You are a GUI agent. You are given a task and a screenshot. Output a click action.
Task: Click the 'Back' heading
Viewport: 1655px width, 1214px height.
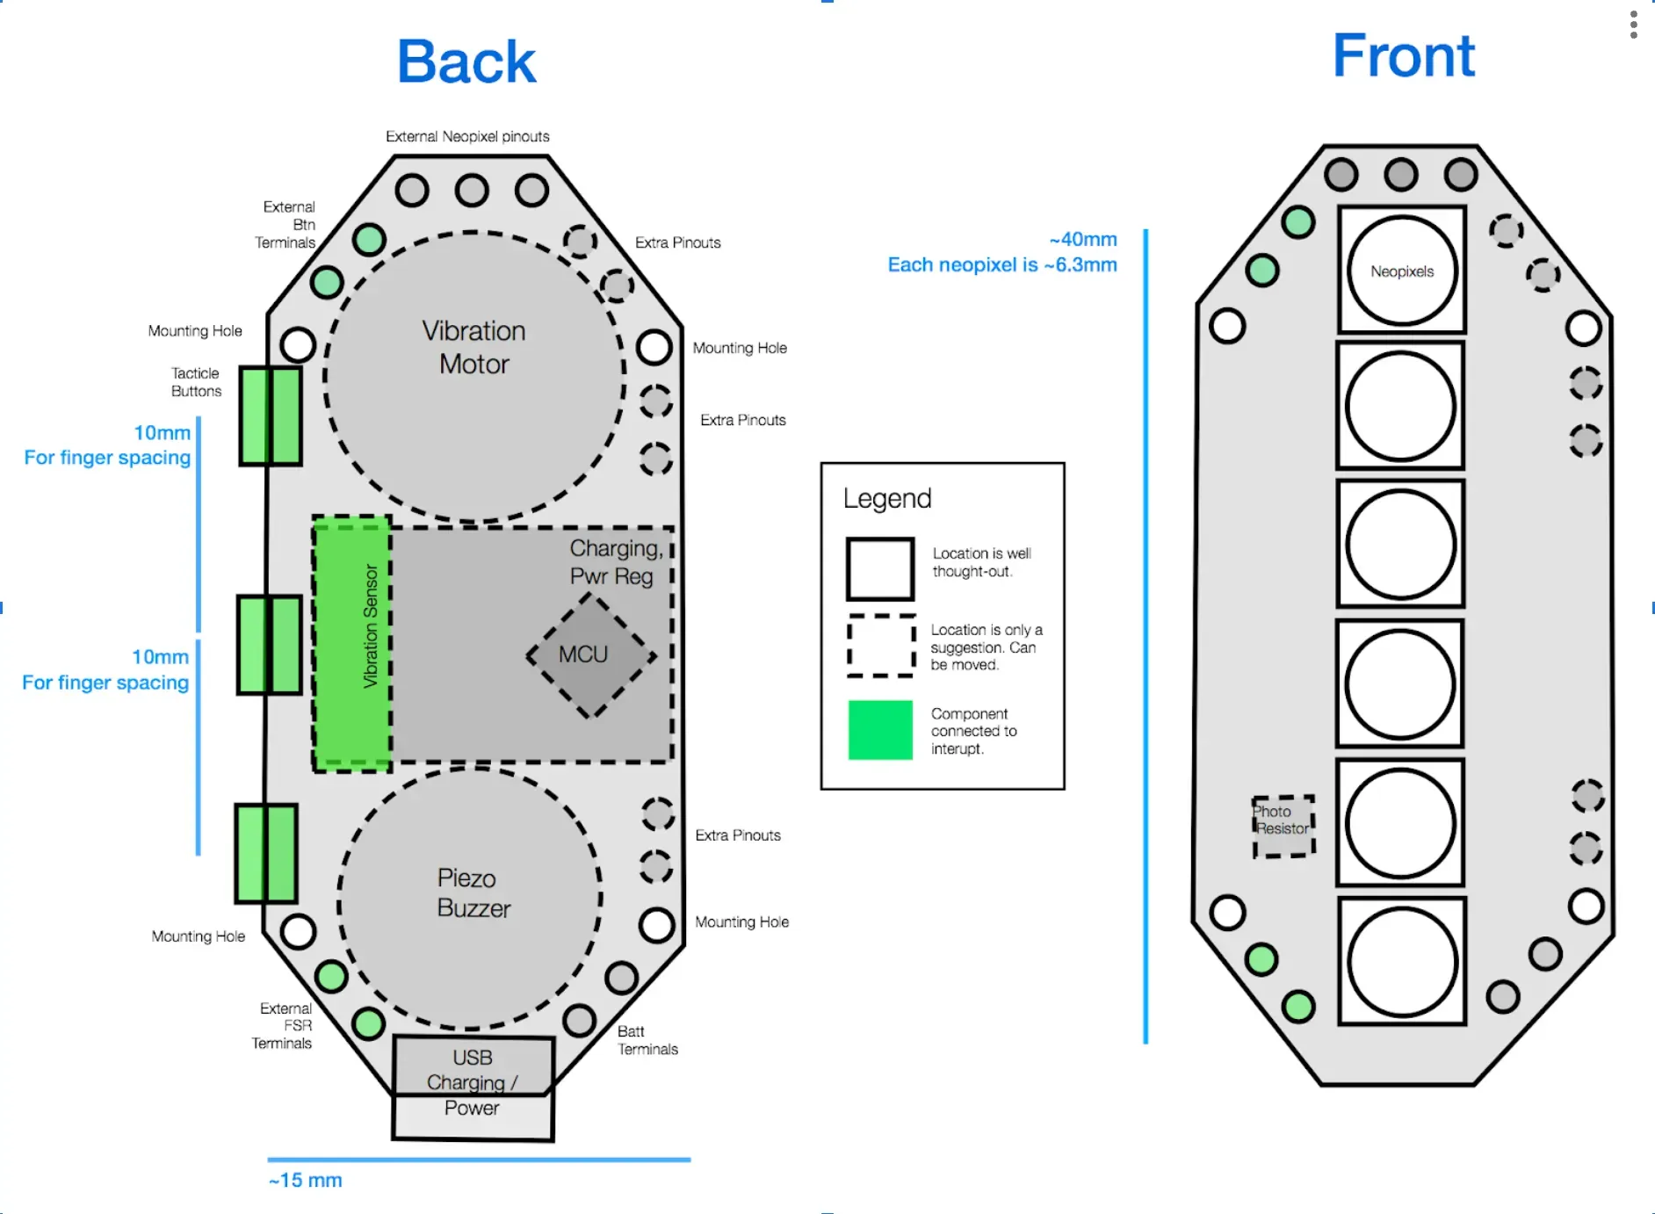[466, 62]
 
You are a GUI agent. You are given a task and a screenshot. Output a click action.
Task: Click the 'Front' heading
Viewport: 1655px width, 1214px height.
[1403, 56]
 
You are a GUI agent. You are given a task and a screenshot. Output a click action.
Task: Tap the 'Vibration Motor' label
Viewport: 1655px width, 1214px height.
[473, 347]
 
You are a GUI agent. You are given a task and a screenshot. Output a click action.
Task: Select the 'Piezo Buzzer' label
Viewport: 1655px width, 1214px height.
[473, 892]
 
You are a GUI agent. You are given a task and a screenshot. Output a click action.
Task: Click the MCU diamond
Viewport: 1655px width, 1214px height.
[589, 655]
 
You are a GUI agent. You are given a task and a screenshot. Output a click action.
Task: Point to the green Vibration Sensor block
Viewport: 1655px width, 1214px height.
[352, 644]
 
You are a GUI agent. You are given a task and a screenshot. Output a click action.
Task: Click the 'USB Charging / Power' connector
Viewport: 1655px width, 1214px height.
[473, 1083]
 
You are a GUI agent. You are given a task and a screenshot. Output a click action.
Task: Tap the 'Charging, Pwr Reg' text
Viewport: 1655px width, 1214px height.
[615, 562]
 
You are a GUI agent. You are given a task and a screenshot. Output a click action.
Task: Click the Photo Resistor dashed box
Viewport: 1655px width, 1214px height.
[1283, 826]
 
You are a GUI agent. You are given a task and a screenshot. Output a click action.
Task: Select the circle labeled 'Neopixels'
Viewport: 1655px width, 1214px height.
[1401, 271]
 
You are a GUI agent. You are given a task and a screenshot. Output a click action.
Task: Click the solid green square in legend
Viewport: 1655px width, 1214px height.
[880, 730]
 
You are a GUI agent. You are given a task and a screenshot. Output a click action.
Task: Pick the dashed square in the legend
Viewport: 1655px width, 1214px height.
[881, 646]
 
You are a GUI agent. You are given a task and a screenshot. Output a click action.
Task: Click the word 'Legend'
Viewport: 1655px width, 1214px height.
[886, 498]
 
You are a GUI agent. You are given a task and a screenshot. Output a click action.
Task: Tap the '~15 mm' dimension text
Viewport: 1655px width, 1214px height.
[306, 1180]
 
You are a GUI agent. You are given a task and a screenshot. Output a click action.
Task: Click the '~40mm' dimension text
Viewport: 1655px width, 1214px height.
[1082, 239]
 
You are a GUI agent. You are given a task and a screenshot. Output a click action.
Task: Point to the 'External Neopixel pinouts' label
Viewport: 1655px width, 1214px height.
[467, 136]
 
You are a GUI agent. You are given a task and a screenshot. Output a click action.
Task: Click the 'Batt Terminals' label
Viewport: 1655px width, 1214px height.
[647, 1040]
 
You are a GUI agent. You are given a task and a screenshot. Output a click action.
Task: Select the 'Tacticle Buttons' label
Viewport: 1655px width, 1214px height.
[196, 382]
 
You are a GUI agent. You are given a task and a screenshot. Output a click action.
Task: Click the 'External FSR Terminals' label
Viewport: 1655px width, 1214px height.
[283, 1025]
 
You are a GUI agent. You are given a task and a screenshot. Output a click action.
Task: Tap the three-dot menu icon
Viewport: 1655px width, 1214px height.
[1633, 25]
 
